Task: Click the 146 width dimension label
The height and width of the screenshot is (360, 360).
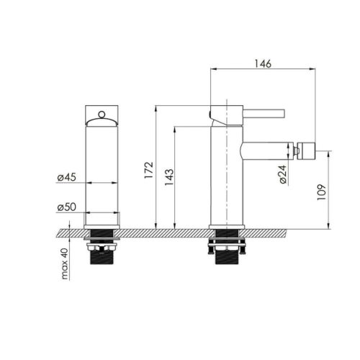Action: pos(263,63)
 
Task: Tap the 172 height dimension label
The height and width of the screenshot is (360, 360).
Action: pos(149,170)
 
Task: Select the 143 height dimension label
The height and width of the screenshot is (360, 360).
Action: pos(169,177)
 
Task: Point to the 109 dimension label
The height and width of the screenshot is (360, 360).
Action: pos(322,192)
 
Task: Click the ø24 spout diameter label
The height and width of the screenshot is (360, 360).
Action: pos(283,174)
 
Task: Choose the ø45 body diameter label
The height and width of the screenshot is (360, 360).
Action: pos(66,177)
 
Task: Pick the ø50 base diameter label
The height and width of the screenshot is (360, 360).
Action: pos(66,207)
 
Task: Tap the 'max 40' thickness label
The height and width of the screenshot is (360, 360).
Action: pos(65,264)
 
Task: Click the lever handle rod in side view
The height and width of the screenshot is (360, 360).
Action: pos(264,114)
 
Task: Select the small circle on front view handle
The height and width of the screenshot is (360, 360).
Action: pos(102,114)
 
